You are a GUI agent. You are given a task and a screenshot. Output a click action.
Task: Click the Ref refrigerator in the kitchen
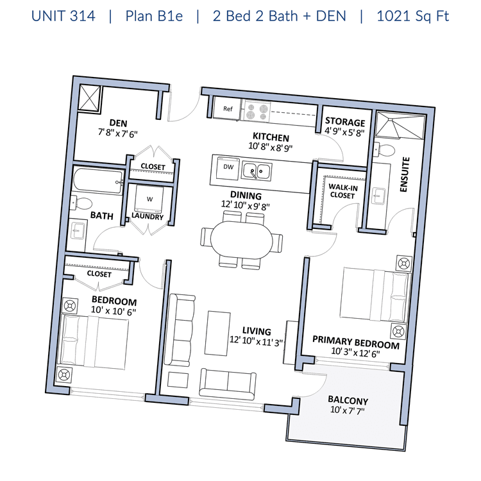[227, 108]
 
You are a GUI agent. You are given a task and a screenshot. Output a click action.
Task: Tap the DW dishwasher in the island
[228, 168]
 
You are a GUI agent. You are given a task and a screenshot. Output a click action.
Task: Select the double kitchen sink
[257, 171]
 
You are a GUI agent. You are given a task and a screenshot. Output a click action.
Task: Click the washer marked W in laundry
[149, 199]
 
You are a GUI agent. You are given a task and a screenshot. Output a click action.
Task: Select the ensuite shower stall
[400, 126]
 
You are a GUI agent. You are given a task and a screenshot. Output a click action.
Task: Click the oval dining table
[241, 240]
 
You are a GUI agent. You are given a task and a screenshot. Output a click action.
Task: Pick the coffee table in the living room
[217, 333]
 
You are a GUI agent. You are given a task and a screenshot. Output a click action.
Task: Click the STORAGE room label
[345, 122]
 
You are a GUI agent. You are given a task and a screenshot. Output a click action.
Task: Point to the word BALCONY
[348, 400]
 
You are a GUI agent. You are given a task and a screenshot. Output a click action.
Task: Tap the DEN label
[118, 123]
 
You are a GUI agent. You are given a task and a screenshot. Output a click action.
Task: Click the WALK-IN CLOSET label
[342, 191]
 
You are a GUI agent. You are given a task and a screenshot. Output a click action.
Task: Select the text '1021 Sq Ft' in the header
[412, 16]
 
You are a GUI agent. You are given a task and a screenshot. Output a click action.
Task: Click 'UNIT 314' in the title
[63, 16]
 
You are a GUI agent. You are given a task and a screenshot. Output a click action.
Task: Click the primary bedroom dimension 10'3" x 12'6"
[355, 353]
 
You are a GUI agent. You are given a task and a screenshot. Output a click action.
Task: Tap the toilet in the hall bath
[81, 203]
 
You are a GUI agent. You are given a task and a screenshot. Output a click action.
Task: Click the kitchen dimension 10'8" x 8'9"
[270, 147]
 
